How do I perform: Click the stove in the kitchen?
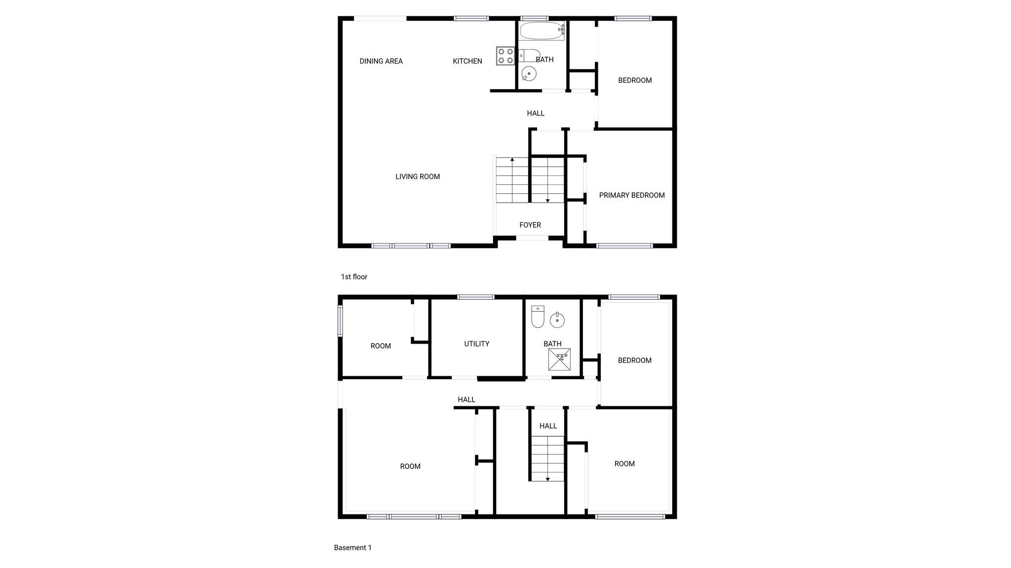coord(505,56)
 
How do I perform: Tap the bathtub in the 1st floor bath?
coord(542,31)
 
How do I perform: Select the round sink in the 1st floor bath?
coord(529,74)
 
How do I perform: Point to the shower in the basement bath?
coord(559,359)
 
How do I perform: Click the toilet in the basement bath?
coord(538,317)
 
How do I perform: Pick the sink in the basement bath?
coord(557,320)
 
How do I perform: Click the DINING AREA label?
coord(381,61)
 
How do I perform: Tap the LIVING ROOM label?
coord(418,177)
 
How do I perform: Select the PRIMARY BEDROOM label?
coord(632,195)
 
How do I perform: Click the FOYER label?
coord(530,225)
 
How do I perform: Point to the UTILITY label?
coord(477,344)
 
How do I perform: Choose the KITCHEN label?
coord(467,61)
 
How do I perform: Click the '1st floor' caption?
coord(354,277)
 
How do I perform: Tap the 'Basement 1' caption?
coord(352,547)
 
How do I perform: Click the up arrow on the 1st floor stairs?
coord(512,159)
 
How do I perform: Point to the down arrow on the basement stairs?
coord(547,479)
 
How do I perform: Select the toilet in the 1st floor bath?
coord(530,55)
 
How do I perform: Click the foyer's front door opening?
coord(532,238)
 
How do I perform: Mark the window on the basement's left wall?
coord(340,321)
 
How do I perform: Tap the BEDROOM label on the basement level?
coord(635,360)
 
